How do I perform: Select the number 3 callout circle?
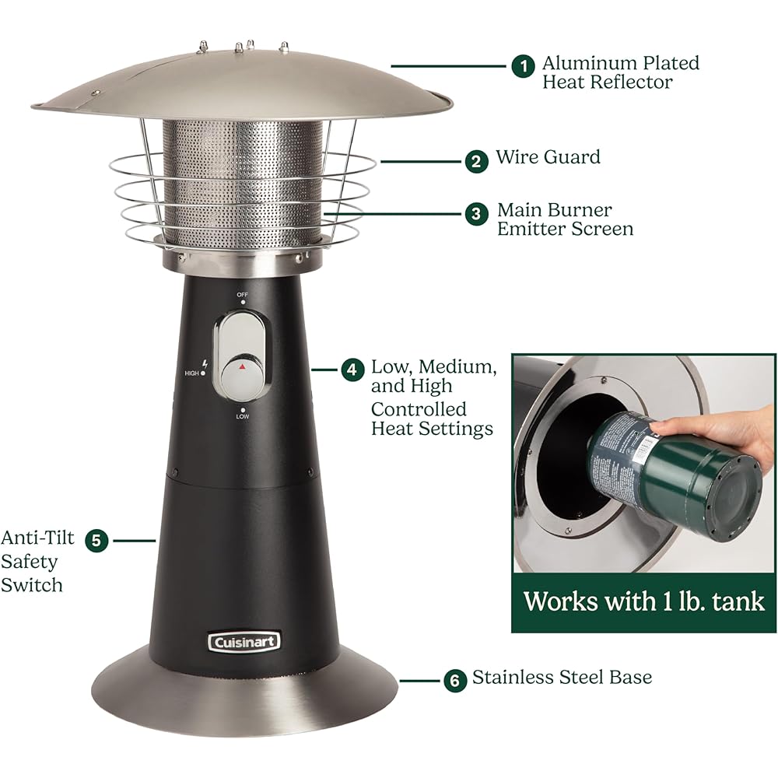[x=477, y=215]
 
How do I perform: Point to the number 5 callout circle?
[x=96, y=540]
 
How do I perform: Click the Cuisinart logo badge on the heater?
[x=244, y=643]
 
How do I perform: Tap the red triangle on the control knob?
[x=242, y=366]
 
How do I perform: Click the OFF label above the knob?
[x=242, y=296]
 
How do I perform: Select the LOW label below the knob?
[x=243, y=417]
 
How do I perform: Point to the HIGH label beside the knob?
[x=191, y=373]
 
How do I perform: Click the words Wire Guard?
[x=548, y=157]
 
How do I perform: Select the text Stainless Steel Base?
[x=562, y=678]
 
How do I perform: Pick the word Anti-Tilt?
[x=37, y=538]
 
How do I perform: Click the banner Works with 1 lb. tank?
[x=643, y=601]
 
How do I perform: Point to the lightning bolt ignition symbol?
[x=205, y=363]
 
